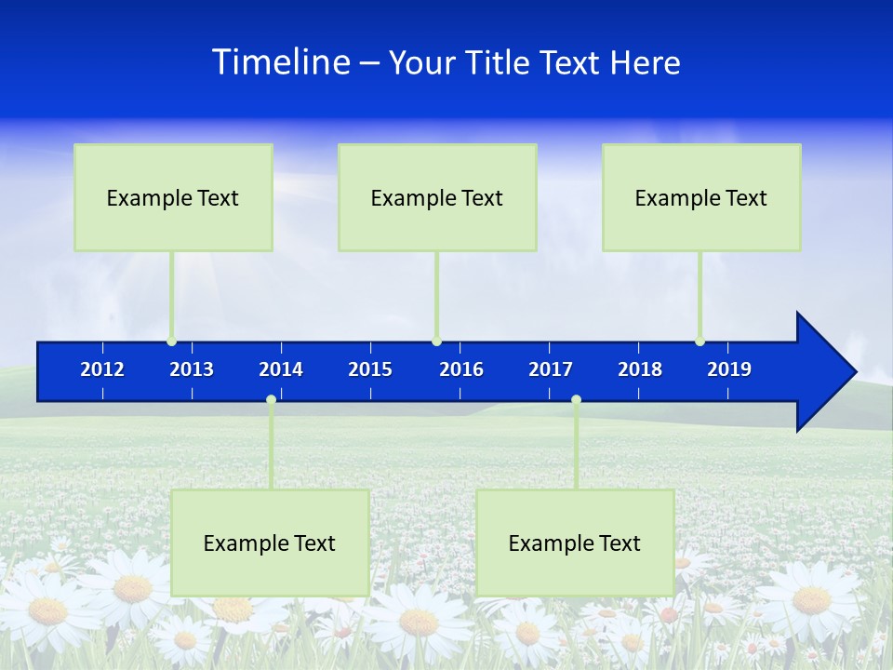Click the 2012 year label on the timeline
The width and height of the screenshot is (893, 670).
pos(102,369)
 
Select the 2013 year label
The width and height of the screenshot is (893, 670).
pos(192,369)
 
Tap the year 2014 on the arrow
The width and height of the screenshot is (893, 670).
pos(281,369)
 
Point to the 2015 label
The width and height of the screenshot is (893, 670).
pos(370,369)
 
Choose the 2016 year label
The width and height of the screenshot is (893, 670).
pos(461,369)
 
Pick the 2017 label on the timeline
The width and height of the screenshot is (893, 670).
pos(551,369)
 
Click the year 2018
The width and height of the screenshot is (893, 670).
pos(640,369)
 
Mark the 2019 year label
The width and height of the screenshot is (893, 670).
pos(729,369)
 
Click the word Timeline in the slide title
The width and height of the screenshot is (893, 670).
pos(281,62)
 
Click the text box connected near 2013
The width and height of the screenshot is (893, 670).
pos(173,197)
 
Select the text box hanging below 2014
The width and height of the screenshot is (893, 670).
pos(270,543)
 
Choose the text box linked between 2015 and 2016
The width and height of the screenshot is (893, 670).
pos(437,197)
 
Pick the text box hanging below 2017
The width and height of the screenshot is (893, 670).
pos(575,543)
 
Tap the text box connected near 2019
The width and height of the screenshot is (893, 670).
pos(701,197)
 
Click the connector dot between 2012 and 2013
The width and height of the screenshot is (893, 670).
pos(172,342)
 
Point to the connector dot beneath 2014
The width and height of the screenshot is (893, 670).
pos(271,400)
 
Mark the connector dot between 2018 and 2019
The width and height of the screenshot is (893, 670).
pos(700,342)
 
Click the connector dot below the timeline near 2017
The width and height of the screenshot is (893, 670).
pos(576,400)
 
